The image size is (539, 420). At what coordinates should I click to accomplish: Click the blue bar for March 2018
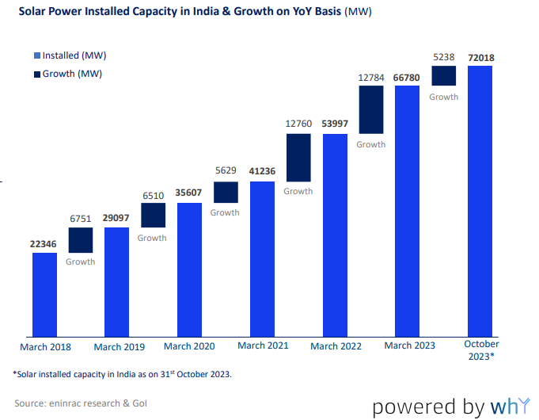click(44, 294)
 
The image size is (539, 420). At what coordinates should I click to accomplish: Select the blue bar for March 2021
click(262, 258)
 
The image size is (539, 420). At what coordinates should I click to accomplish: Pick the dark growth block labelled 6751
click(80, 240)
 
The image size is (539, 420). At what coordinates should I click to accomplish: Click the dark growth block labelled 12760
click(298, 157)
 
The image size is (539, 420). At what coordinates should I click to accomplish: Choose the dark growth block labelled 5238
click(444, 75)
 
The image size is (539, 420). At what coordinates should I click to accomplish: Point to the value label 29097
click(116, 217)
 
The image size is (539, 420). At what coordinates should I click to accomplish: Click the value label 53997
click(335, 124)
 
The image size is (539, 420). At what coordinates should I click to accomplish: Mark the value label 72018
click(480, 56)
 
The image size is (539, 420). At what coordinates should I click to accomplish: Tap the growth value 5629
click(226, 171)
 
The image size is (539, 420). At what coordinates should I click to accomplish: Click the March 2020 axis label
click(189, 346)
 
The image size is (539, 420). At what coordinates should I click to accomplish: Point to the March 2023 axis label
click(409, 346)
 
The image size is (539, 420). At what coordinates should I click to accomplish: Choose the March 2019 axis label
click(118, 347)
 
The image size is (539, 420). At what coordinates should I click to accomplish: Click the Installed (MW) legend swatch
click(36, 56)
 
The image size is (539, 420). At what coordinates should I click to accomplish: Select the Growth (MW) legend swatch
click(36, 74)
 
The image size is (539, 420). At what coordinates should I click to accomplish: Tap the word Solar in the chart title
click(32, 13)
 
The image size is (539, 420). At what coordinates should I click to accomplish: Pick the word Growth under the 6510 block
click(153, 238)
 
